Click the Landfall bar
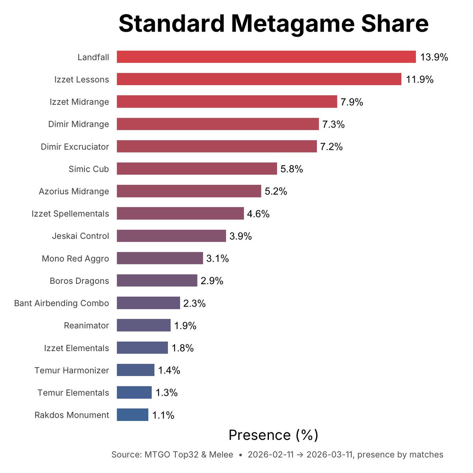point(266,57)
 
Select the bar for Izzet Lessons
point(259,79)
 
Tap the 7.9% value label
point(352,102)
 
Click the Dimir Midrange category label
point(78,124)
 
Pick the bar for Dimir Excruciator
point(217,147)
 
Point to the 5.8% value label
point(292,169)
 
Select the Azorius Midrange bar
point(189,191)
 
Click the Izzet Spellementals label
point(70,214)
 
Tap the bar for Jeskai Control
point(171,236)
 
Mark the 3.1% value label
point(218,259)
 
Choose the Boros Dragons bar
point(157,281)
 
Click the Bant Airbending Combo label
point(61,303)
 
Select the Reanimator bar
point(143,326)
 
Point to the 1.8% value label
point(182,348)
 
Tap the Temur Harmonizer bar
point(136,370)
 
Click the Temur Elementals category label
point(73,393)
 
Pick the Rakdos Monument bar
point(132,415)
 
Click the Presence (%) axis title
point(273,435)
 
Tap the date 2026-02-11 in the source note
point(270,455)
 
